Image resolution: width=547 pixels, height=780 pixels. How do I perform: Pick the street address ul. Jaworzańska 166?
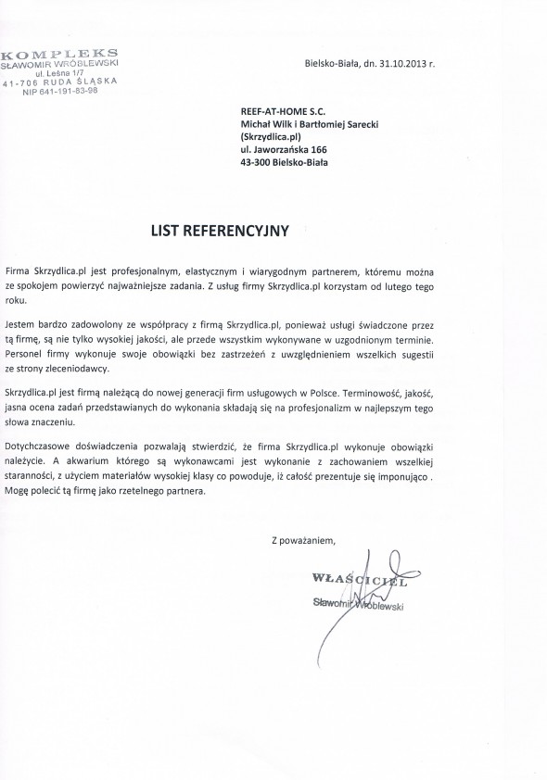pyautogui.click(x=282, y=148)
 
